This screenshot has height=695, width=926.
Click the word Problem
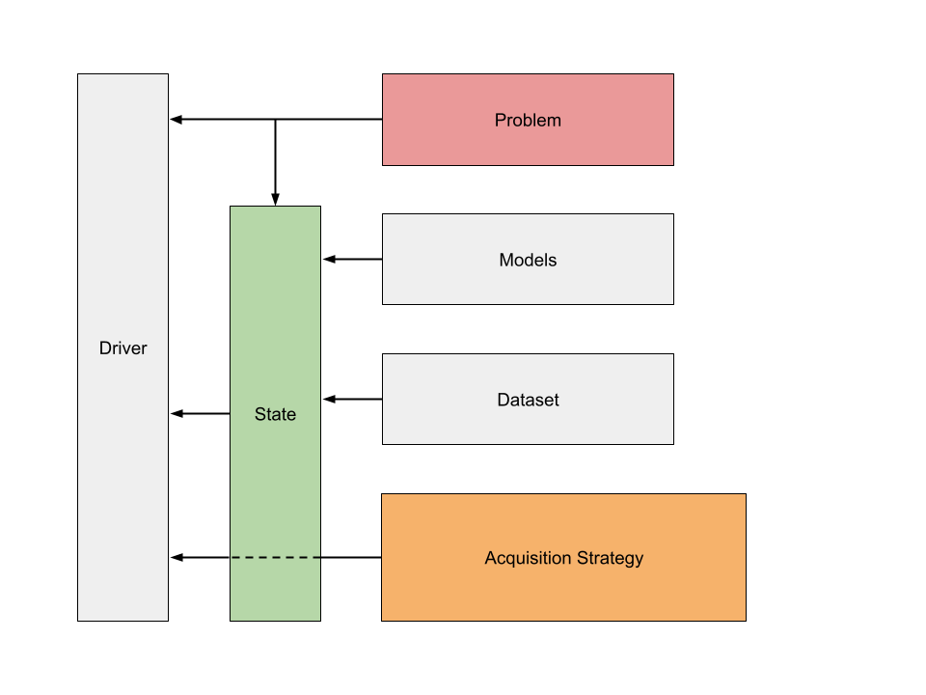(x=528, y=121)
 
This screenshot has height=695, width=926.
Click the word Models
(x=528, y=261)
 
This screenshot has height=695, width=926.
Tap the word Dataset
(x=528, y=400)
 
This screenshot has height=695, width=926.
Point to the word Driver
(x=123, y=348)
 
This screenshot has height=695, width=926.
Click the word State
(x=275, y=415)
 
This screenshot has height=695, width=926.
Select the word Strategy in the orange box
(x=609, y=558)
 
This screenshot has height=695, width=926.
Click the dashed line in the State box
(x=275, y=557)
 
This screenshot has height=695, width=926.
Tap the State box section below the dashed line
(x=275, y=590)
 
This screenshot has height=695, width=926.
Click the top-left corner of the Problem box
(x=384, y=75)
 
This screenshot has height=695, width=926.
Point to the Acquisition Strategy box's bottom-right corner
(x=745, y=619)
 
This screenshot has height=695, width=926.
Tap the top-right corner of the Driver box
(x=167, y=75)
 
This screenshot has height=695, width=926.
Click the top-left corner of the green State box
(x=231, y=208)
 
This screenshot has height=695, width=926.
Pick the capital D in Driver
(x=105, y=348)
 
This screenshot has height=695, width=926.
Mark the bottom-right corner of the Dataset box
(x=672, y=443)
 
